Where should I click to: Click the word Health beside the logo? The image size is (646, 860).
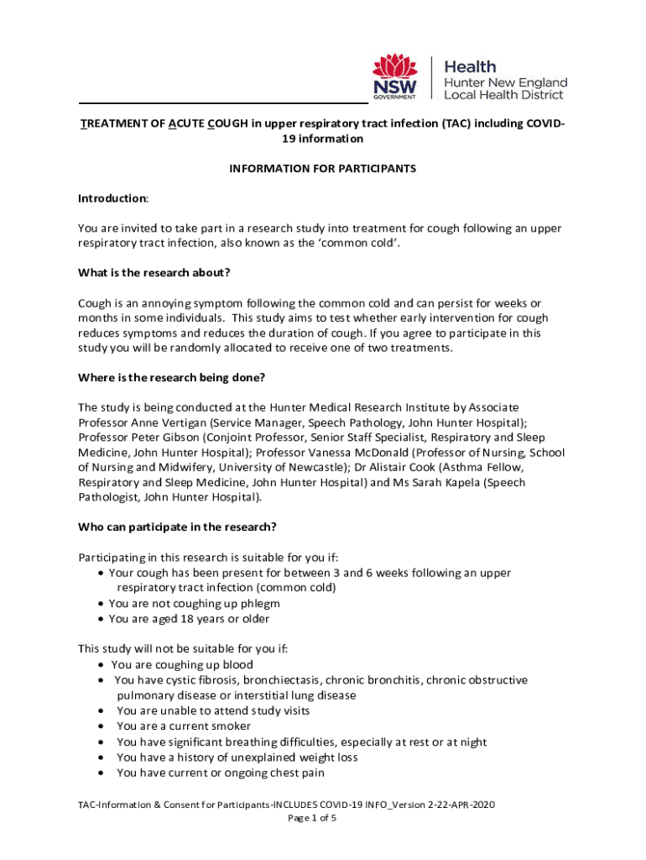tap(469, 66)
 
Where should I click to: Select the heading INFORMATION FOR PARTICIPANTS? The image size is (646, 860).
tap(323, 168)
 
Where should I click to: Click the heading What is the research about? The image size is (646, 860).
tap(154, 272)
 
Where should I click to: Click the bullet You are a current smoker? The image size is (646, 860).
tap(184, 726)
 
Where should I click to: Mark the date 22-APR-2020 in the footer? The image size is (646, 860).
tap(461, 805)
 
